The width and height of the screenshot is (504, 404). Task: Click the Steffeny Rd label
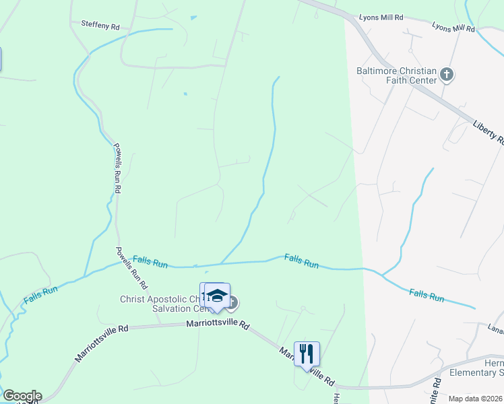pyautogui.click(x=100, y=26)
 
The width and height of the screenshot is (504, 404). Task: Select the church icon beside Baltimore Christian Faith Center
pyautogui.click(x=447, y=74)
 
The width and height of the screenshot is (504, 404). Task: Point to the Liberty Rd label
pyautogui.click(x=489, y=133)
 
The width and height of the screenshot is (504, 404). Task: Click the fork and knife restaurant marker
pyautogui.click(x=307, y=353)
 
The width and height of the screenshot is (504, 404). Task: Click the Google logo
pyautogui.click(x=22, y=396)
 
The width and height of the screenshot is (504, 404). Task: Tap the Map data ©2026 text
pyautogui.click(x=475, y=399)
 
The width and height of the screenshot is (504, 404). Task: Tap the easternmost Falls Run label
pyautogui.click(x=427, y=295)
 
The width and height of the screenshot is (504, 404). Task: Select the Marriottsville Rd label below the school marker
pyautogui.click(x=218, y=326)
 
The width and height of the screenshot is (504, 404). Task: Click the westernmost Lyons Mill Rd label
pyautogui.click(x=381, y=17)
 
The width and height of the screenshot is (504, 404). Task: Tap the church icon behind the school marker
pyautogui.click(x=231, y=303)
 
